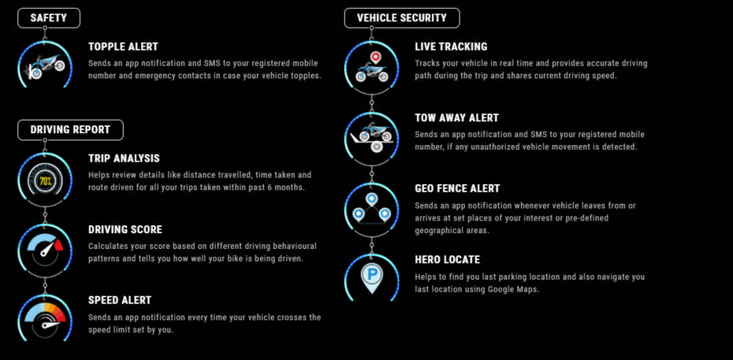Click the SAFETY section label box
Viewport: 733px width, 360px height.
point(49,18)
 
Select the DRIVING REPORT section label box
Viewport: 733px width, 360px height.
point(70,130)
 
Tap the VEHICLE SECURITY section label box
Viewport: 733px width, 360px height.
point(401,18)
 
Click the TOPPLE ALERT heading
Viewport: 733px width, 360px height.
point(124,46)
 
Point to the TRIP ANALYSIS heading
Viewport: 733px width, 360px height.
point(124,159)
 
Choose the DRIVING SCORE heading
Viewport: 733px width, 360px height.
point(125,230)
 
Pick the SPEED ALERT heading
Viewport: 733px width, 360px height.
point(120,300)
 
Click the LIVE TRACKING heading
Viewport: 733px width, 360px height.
point(451,46)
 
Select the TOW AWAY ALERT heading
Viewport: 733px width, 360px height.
point(456,118)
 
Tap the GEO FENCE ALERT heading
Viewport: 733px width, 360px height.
point(457,188)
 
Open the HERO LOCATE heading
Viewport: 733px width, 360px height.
point(448,260)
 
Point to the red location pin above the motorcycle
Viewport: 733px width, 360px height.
point(374,58)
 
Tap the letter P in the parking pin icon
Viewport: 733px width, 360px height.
point(372,274)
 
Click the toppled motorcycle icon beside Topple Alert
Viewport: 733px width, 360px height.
point(46,66)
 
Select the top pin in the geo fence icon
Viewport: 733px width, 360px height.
point(372,200)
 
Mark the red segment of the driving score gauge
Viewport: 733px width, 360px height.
point(58,245)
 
